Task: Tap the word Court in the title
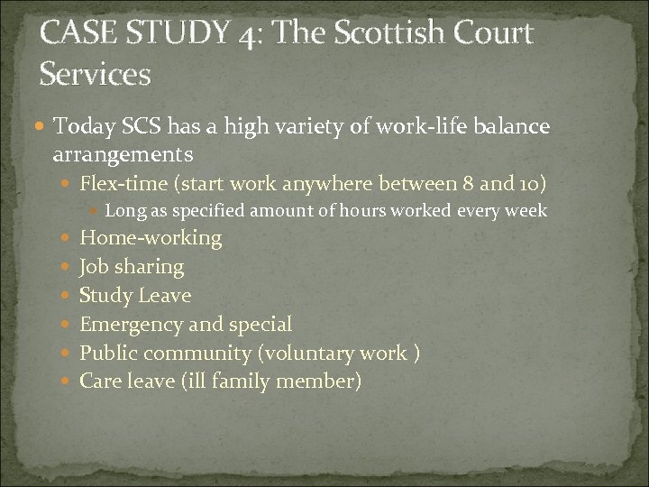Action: pyautogui.click(x=490, y=34)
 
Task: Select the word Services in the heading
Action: pyautogui.click(x=95, y=73)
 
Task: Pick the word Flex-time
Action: pyautogui.click(x=125, y=185)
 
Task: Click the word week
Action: pyautogui.click(x=527, y=211)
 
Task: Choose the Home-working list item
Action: pyautogui.click(x=151, y=238)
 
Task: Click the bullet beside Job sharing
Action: pyautogui.click(x=69, y=267)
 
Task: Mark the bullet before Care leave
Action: pyautogui.click(x=69, y=381)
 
